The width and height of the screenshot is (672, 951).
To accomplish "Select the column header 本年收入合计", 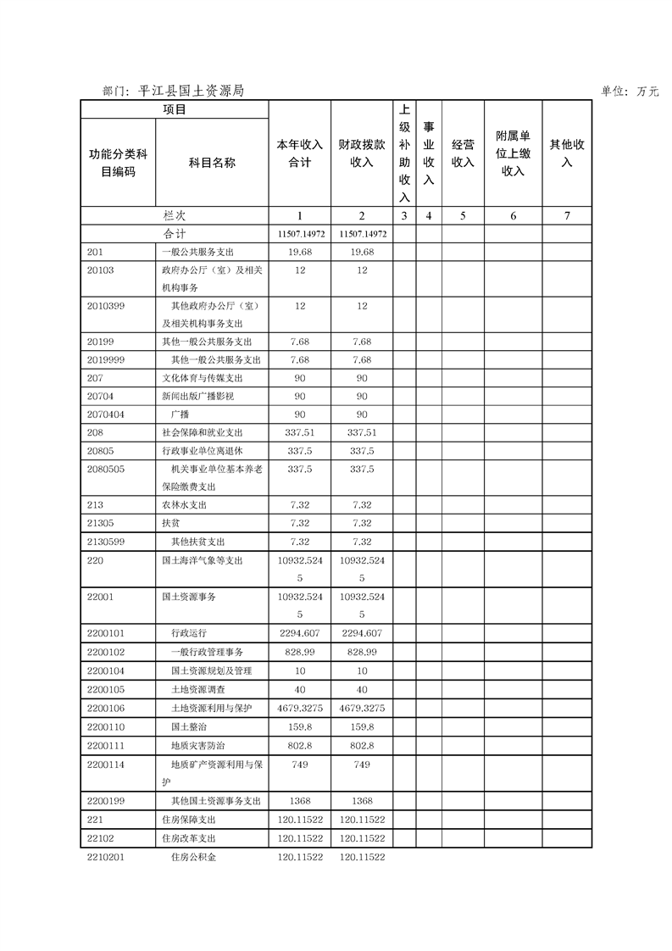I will [299, 153].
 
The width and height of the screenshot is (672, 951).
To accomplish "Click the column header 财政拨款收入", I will [362, 153].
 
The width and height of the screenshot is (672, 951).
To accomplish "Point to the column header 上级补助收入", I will [404, 153].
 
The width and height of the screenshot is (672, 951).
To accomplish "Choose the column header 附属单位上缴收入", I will [513, 153].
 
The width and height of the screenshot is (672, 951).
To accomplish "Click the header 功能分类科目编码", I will [118, 162].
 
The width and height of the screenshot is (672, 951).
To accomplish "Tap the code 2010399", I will [106, 306].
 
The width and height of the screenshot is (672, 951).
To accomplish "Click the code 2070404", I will [106, 414].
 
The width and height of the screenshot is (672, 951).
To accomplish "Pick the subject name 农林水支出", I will [184, 505].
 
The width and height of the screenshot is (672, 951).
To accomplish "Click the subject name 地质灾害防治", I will [197, 745].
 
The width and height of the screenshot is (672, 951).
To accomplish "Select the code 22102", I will [100, 838].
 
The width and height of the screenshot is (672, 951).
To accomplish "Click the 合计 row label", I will [175, 234].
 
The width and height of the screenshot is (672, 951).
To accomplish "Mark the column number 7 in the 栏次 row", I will [567, 216].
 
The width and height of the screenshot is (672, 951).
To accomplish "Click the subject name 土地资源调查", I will [197, 690].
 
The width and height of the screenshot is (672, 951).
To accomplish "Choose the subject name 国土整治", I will [187, 726].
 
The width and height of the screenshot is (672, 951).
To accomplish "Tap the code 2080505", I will [106, 469].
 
